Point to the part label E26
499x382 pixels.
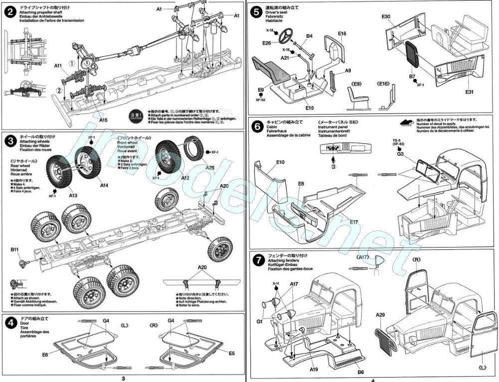pos(266,43)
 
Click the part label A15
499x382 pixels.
pos(103,120)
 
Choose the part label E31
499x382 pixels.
pos(470,92)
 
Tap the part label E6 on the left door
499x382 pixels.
pos(45,354)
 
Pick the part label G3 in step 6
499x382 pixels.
pos(400,154)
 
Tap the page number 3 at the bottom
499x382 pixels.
pos(123,378)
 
